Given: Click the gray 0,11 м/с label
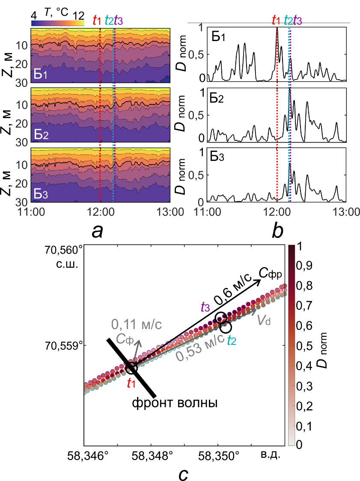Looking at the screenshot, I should coord(137,324).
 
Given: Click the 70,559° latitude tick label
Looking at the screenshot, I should coord(65,345).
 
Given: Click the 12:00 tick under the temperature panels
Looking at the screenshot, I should coord(100,211).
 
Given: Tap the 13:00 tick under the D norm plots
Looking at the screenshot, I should coord(345,211).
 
